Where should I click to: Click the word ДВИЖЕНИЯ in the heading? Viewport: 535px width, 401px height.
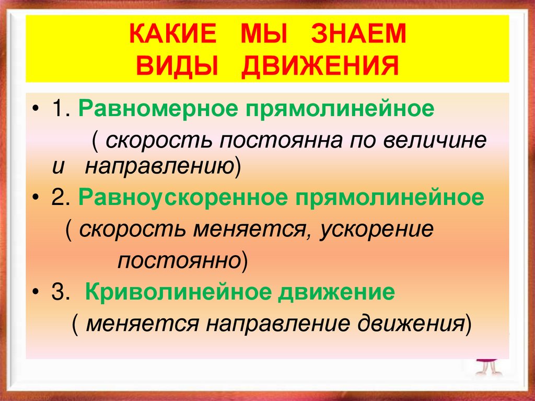click(313, 66)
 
